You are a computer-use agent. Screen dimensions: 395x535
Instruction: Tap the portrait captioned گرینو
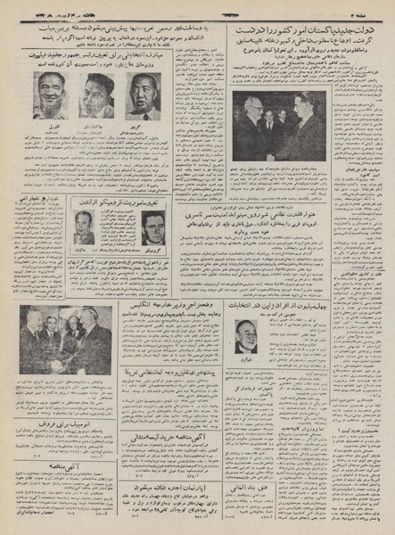143,95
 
